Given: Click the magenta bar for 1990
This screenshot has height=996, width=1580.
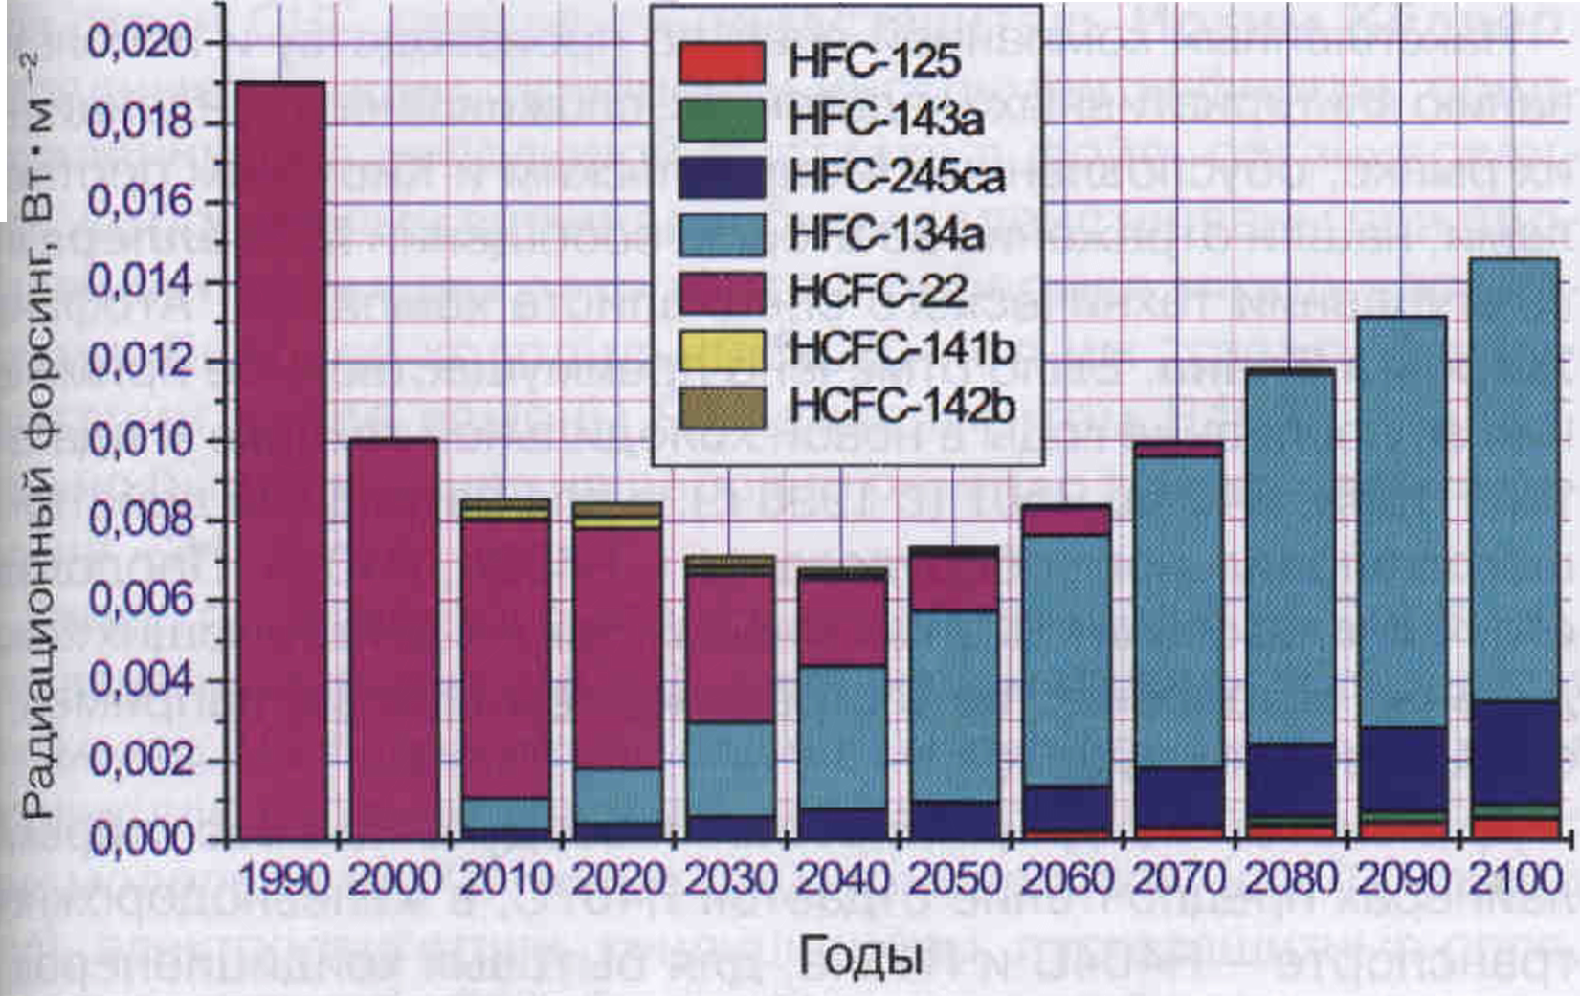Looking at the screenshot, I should (x=281, y=459).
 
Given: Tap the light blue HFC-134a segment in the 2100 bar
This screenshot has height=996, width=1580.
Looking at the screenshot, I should (x=1513, y=478).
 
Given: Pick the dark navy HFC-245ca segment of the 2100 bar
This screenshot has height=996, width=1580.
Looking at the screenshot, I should (x=1513, y=752).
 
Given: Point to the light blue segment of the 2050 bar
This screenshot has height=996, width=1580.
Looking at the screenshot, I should (x=954, y=705).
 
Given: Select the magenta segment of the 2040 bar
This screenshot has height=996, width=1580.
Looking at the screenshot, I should (x=842, y=621).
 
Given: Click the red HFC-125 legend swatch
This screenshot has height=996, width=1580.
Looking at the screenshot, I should (x=722, y=62).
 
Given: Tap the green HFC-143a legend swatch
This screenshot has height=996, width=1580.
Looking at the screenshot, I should (x=722, y=120).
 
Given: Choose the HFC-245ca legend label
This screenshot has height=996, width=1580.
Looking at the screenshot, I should (x=897, y=177).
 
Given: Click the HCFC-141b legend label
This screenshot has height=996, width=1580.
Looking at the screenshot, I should (x=901, y=349).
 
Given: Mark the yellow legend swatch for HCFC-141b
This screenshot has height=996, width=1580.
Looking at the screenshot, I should (x=722, y=349).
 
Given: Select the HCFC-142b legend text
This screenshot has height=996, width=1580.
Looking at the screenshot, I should (x=901, y=407).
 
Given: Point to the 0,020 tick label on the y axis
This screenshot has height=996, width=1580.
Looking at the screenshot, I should (x=139, y=43).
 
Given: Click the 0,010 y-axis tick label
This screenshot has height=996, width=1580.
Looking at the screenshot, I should (x=139, y=441).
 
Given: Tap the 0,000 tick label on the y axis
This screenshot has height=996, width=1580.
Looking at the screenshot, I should (x=139, y=839).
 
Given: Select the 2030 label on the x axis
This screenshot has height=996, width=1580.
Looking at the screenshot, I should (x=730, y=879).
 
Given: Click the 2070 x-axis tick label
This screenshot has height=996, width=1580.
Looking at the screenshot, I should (x=1178, y=879).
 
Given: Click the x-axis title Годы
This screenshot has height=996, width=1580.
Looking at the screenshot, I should (x=860, y=956).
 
